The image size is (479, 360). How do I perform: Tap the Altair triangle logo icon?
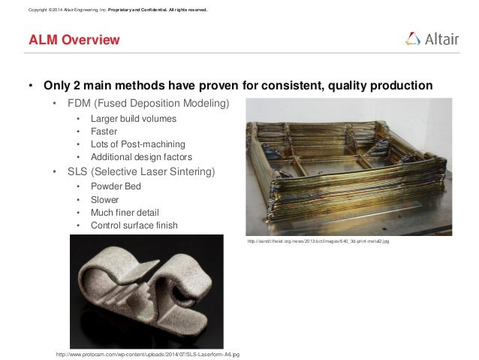[x=413, y=39]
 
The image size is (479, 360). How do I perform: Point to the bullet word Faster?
[x=103, y=132]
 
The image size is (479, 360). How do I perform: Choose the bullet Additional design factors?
[x=141, y=156]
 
